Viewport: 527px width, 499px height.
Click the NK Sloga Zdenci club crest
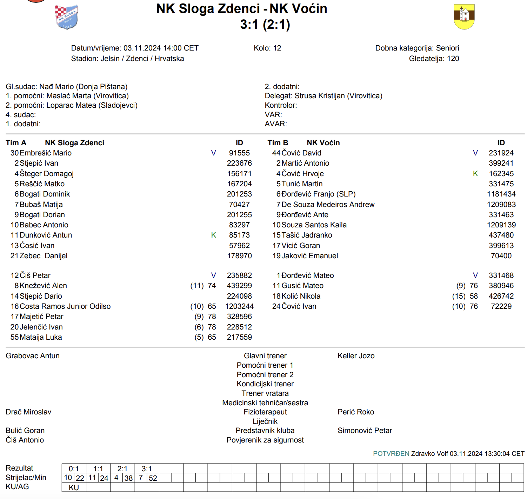click(x=66, y=17)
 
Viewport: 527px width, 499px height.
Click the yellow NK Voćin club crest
click(x=464, y=16)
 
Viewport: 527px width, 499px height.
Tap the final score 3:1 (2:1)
click(x=265, y=25)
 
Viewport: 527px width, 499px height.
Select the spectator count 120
click(x=453, y=59)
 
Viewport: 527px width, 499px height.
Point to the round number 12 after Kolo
click(x=277, y=48)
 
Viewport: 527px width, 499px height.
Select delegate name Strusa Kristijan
click(x=319, y=96)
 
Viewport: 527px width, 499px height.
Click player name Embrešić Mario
click(x=46, y=153)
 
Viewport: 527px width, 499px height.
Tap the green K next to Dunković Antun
click(x=213, y=235)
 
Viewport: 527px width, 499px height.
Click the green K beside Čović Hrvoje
click(x=475, y=174)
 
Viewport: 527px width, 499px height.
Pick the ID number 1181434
click(x=501, y=194)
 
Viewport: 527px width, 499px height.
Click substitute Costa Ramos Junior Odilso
click(x=65, y=306)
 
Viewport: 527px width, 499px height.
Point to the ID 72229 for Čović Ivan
click(x=501, y=306)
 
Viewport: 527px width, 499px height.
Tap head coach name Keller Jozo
click(x=356, y=356)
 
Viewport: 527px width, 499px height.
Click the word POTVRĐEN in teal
click(x=391, y=453)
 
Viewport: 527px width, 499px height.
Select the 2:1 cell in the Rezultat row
click(x=122, y=469)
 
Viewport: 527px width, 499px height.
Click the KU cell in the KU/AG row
click(x=74, y=487)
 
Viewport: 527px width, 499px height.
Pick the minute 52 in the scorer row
click(x=153, y=478)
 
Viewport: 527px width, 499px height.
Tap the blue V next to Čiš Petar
click(x=213, y=275)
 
